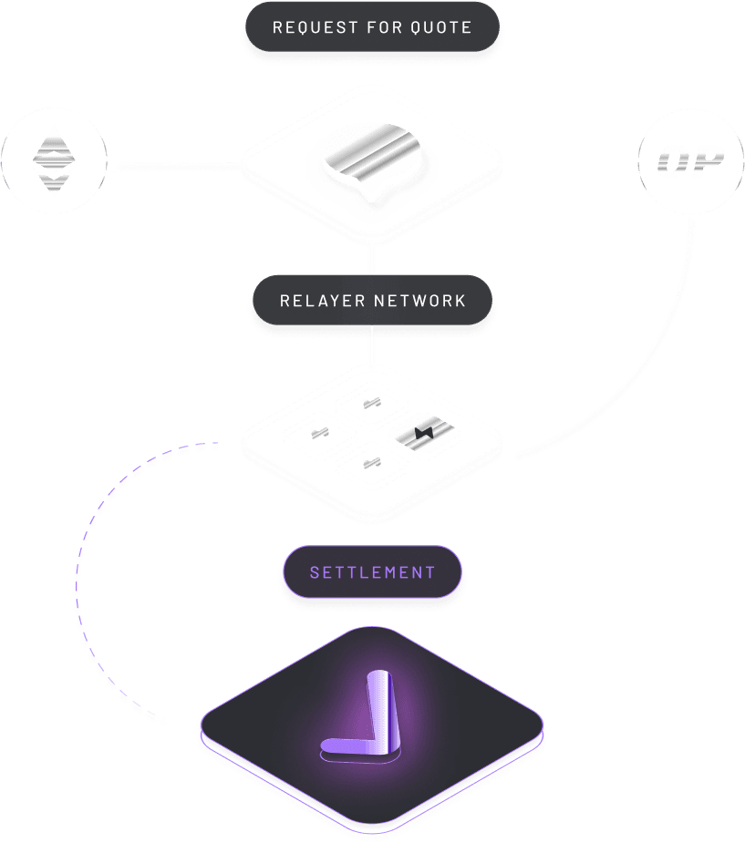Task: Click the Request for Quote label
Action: (x=372, y=27)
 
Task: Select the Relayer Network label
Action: (x=372, y=301)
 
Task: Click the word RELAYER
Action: (x=316, y=301)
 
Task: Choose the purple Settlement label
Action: (x=372, y=572)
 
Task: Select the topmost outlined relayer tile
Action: (x=371, y=402)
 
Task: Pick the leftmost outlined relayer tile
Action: (x=319, y=432)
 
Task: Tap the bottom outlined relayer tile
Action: (x=371, y=463)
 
